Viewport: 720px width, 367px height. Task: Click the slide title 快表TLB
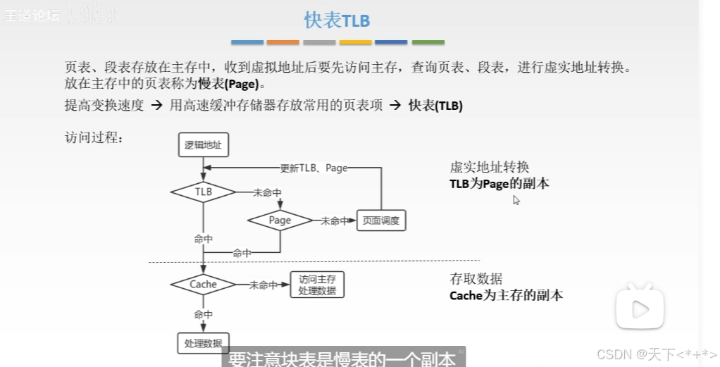point(337,20)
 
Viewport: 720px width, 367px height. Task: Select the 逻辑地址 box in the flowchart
point(204,145)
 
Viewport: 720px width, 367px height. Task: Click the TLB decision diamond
point(204,191)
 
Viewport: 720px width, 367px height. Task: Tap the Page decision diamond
point(280,220)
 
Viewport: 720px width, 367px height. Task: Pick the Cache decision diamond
point(203,285)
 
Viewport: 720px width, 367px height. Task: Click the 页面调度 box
point(381,220)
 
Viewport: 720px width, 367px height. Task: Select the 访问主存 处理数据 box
point(317,285)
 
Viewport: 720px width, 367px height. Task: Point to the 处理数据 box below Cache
point(203,343)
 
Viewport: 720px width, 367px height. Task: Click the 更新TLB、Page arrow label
point(314,168)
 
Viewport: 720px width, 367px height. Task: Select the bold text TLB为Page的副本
point(499,184)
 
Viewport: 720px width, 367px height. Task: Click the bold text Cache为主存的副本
point(506,295)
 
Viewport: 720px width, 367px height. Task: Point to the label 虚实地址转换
point(489,168)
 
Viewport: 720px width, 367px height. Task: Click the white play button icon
point(639,308)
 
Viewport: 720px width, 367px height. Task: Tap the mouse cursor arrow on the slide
point(516,200)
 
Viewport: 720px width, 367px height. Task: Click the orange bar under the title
point(283,43)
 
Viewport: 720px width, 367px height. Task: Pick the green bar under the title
point(428,43)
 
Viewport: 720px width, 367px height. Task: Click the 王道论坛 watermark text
point(32,15)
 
